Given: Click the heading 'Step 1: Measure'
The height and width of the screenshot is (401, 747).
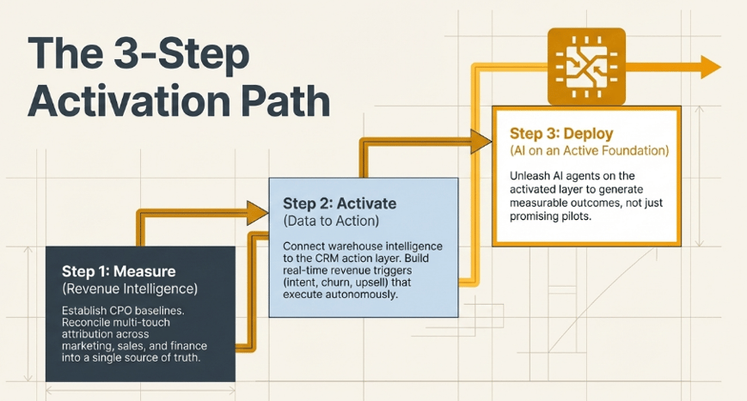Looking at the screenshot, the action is (x=119, y=271).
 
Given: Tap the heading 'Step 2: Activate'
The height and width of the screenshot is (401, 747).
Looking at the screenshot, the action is (x=340, y=204).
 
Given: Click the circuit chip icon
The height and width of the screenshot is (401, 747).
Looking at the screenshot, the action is (x=586, y=66).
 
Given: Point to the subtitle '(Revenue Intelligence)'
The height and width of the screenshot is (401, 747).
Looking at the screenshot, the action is (x=130, y=289).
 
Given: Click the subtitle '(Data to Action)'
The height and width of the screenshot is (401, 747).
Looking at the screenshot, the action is (x=331, y=221).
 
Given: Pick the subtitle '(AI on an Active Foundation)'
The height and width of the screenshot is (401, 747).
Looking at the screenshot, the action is (x=590, y=151).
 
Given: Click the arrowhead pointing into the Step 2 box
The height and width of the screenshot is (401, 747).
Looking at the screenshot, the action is (x=257, y=213).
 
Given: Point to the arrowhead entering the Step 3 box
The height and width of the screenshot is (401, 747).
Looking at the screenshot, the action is (x=481, y=142).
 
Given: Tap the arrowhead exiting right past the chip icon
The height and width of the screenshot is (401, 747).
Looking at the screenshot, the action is (x=711, y=67).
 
